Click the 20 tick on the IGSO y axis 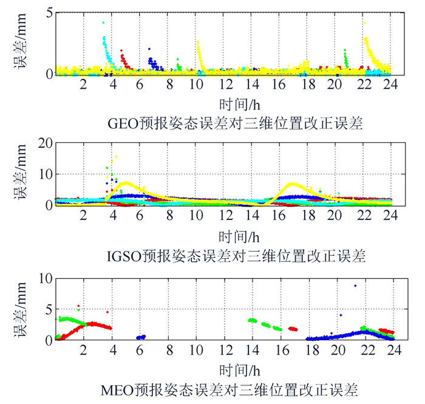(x=42, y=143)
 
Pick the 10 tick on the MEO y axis (x=42, y=278)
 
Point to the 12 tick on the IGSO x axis (x=225, y=217)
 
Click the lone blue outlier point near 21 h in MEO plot (x=355, y=286)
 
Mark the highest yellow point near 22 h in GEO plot (x=365, y=23)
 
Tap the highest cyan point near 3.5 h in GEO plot (x=103, y=23)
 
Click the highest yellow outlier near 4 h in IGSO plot (x=116, y=157)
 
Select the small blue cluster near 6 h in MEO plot (x=141, y=337)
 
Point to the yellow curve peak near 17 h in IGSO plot (x=293, y=183)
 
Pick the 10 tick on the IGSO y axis (x=42, y=174)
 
